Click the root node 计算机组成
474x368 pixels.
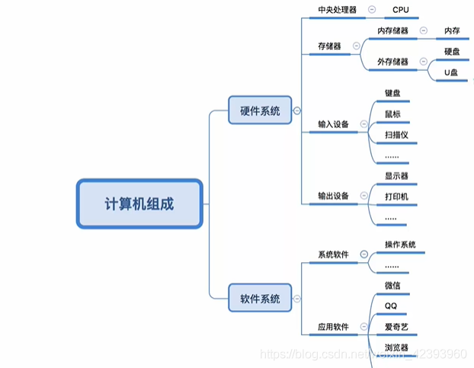tap(139, 203)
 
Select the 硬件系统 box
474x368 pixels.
tap(260, 110)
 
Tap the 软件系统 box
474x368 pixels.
tap(260, 298)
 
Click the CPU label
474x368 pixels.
tap(402, 10)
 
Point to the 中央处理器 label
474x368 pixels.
tap(337, 10)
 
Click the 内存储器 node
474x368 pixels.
tap(393, 31)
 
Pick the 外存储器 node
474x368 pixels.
tap(393, 62)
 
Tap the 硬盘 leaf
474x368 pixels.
tap(452, 52)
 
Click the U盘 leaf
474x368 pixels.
tap(452, 72)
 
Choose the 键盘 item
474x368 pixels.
tap(392, 93)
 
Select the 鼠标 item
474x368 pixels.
tap(392, 114)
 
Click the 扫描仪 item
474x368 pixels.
tap(397, 135)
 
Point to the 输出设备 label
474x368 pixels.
tap(333, 196)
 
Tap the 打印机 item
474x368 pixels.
tap(396, 197)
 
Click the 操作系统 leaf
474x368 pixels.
tap(400, 245)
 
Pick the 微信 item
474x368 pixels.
tap(392, 286)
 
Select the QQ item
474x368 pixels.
tap(391, 306)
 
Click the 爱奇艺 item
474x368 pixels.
tap(397, 327)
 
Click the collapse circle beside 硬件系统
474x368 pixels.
tap(296, 111)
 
